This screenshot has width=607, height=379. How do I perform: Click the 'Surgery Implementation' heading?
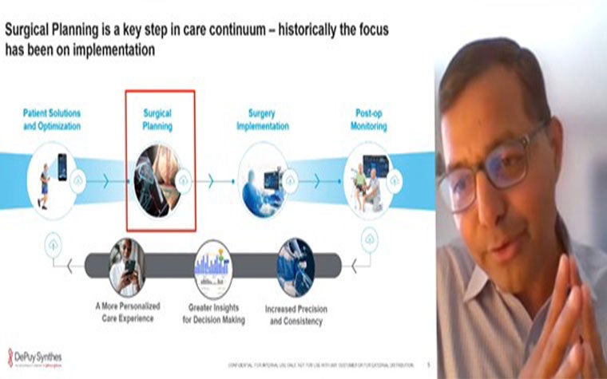tap(262, 120)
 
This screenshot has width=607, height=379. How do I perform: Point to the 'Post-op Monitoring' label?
tap(370, 120)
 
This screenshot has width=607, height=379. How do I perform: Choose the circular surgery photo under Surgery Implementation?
tap(263, 180)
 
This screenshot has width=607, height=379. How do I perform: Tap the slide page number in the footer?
tap(428, 363)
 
